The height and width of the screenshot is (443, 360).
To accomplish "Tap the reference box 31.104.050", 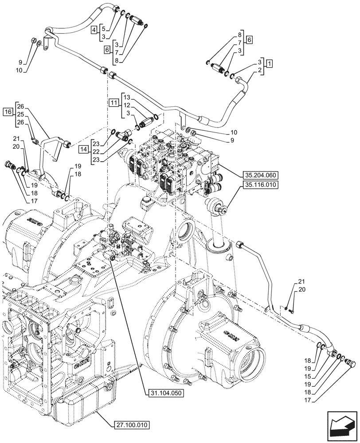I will click(164, 392).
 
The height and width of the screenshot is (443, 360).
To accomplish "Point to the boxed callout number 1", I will click(270, 63).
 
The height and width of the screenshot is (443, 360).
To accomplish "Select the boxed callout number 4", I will click(94, 30).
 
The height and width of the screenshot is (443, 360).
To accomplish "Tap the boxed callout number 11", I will click(114, 103).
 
